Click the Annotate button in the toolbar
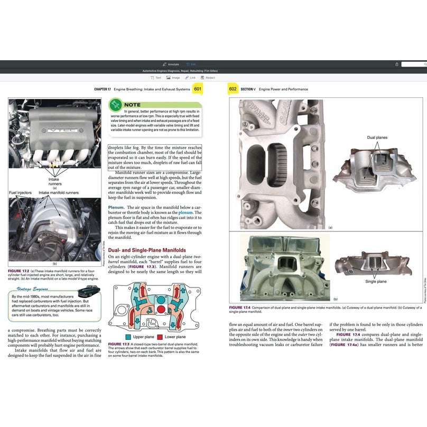(x=171, y=64)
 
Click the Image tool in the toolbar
(x=172, y=77)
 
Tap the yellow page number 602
(x=232, y=89)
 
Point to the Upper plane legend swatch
(x=128, y=337)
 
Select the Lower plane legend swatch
(x=160, y=337)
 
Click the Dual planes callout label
(x=377, y=137)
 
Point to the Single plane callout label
(x=376, y=282)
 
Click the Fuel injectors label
(x=20, y=193)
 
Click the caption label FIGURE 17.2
(x=20, y=271)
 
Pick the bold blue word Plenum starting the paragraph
(x=116, y=207)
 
